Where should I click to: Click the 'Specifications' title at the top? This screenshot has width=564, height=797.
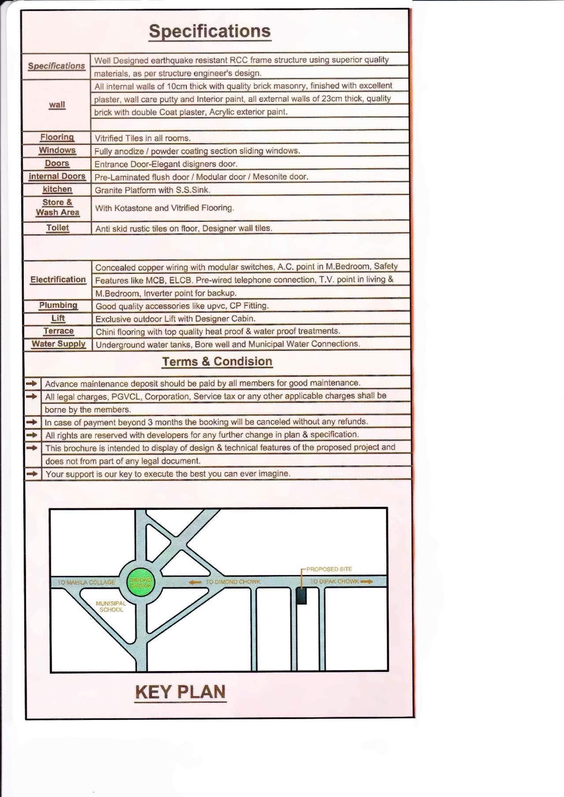coord(210,31)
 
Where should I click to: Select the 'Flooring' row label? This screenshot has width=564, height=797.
coord(57,137)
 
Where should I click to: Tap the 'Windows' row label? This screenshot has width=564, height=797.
coord(57,150)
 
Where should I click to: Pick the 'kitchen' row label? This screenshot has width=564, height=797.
coord(57,189)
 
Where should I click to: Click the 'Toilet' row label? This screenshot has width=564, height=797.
coord(58,228)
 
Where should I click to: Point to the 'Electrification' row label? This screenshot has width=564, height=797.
coord(58,280)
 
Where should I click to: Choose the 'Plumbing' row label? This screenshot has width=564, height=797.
coord(58,305)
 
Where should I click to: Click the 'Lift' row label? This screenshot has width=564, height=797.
coord(58,318)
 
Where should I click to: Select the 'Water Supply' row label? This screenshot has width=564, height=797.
coord(59,344)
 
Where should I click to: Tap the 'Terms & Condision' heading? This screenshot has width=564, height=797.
coord(217,362)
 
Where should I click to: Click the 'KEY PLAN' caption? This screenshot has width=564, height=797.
coord(180,692)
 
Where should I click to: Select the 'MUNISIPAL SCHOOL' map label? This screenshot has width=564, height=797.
coord(111,606)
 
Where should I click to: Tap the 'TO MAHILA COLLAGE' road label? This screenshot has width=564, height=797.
coord(86,582)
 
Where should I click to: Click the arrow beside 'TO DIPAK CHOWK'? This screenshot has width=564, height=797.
coord(367,582)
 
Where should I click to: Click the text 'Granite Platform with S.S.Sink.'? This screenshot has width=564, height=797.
coord(152,190)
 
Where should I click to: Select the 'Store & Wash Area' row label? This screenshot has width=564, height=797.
coord(57,207)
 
